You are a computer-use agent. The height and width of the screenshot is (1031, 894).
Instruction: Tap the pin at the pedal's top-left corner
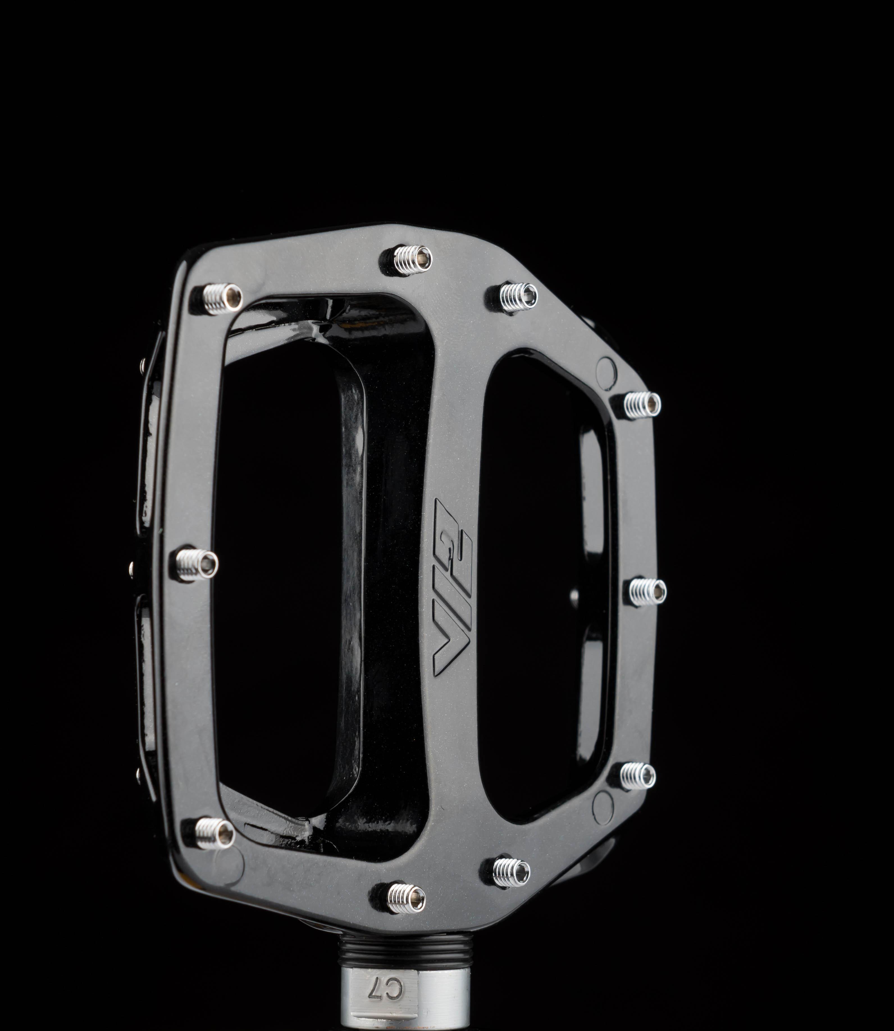click(x=218, y=299)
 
